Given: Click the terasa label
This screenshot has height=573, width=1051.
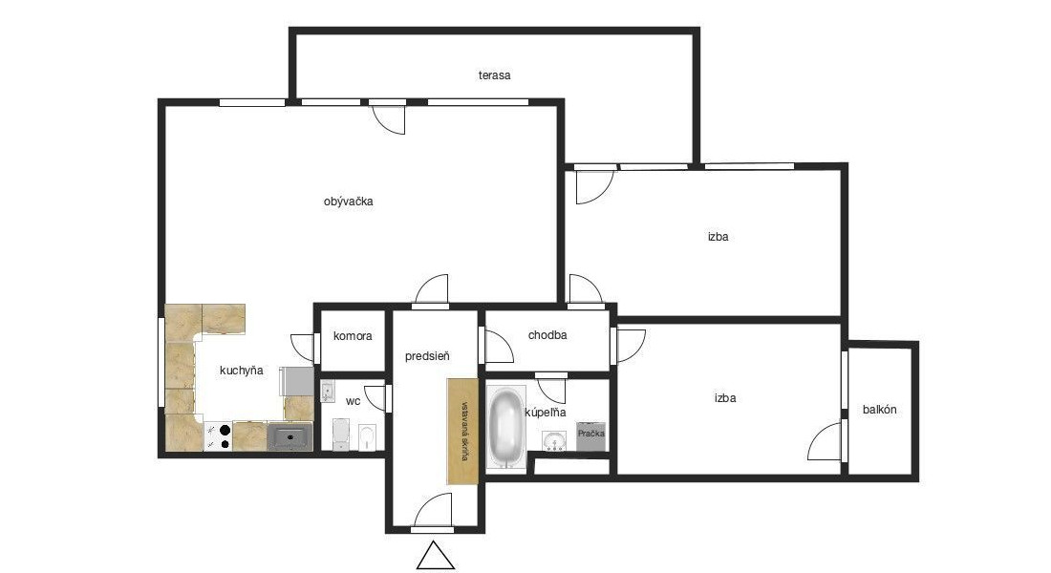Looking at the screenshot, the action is pyautogui.click(x=494, y=75).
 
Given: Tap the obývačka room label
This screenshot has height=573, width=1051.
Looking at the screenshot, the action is pyautogui.click(x=348, y=202).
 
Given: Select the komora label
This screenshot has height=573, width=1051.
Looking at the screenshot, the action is pyautogui.click(x=353, y=336).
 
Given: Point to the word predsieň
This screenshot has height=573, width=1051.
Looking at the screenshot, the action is pyautogui.click(x=427, y=356).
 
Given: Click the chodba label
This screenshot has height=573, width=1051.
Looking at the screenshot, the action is pyautogui.click(x=547, y=335).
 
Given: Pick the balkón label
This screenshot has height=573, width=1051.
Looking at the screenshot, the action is pyautogui.click(x=879, y=410).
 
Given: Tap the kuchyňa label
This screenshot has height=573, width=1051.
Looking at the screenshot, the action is pyautogui.click(x=242, y=371).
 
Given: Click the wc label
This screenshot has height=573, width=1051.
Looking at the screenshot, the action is pyautogui.click(x=354, y=401).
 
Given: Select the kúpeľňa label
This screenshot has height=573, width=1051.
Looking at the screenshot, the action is pyautogui.click(x=546, y=413).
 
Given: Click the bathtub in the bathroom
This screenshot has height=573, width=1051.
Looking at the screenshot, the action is pyautogui.click(x=506, y=427).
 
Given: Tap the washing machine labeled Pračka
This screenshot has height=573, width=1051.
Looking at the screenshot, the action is pyautogui.click(x=591, y=436).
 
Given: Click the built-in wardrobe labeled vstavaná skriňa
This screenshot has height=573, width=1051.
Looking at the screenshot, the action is pyautogui.click(x=463, y=431).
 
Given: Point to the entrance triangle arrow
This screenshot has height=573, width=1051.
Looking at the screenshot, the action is pyautogui.click(x=436, y=555).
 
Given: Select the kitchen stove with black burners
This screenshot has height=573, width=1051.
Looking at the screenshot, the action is pyautogui.click(x=218, y=436).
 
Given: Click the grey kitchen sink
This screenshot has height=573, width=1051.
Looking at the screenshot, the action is pyautogui.click(x=290, y=436).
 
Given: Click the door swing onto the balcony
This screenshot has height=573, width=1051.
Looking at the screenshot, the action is pyautogui.click(x=826, y=441).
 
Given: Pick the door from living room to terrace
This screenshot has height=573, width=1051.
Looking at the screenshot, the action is pyautogui.click(x=390, y=117).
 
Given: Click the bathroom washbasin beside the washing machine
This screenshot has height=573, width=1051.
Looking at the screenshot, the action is pyautogui.click(x=553, y=441).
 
